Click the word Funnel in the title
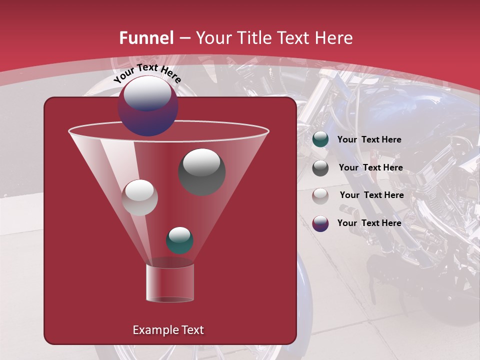(x=146, y=38)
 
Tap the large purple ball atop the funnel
(x=148, y=106)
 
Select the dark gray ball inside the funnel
(x=201, y=171)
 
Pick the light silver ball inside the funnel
(x=139, y=197)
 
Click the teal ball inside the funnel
(x=179, y=240)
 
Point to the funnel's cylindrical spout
(x=169, y=282)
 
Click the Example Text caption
(x=168, y=330)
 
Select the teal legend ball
(x=320, y=139)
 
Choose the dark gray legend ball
(x=320, y=168)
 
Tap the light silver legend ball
(x=320, y=195)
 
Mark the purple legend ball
(x=320, y=223)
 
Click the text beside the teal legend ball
(x=369, y=139)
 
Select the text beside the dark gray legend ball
(x=370, y=167)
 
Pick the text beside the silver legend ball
(x=371, y=195)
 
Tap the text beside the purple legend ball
(x=369, y=223)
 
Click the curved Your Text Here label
(x=147, y=73)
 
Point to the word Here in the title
(x=331, y=38)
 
